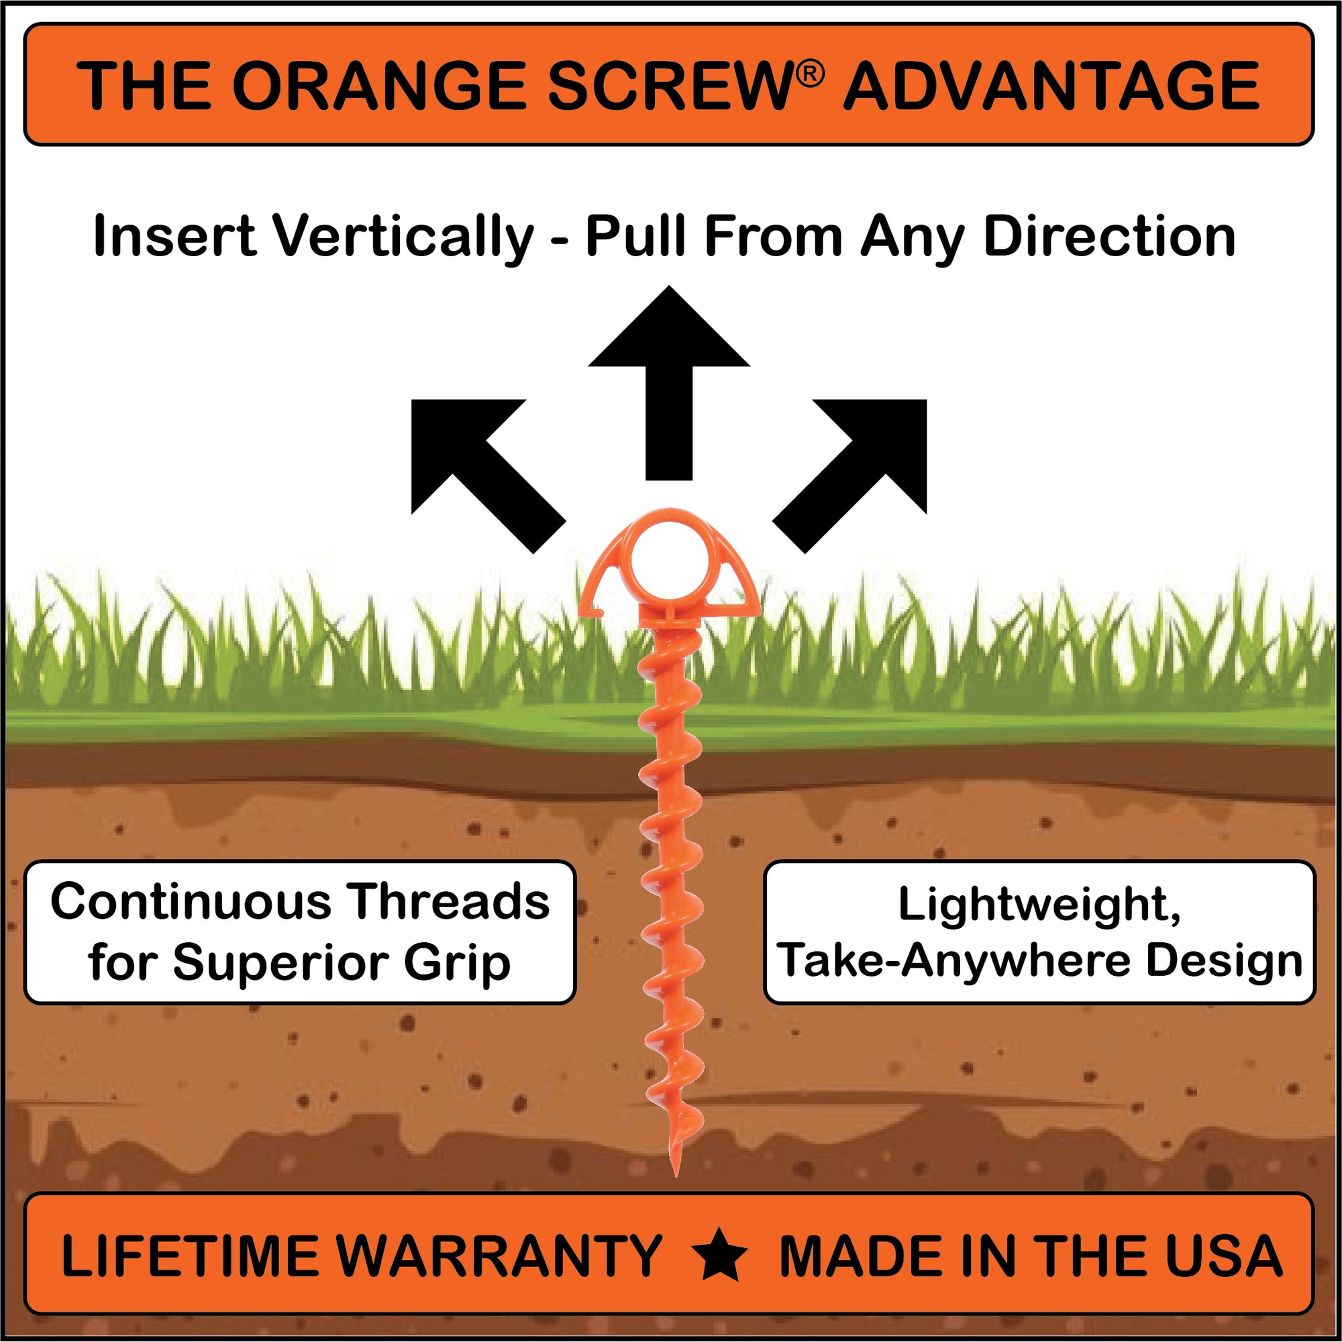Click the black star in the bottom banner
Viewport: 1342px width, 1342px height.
(x=720, y=1256)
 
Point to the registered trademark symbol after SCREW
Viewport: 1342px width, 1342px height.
(x=811, y=74)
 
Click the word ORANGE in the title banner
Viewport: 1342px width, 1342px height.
(x=380, y=86)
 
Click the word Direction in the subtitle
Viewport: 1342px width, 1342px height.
(x=1110, y=236)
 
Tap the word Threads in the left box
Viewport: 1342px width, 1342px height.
(x=449, y=902)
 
